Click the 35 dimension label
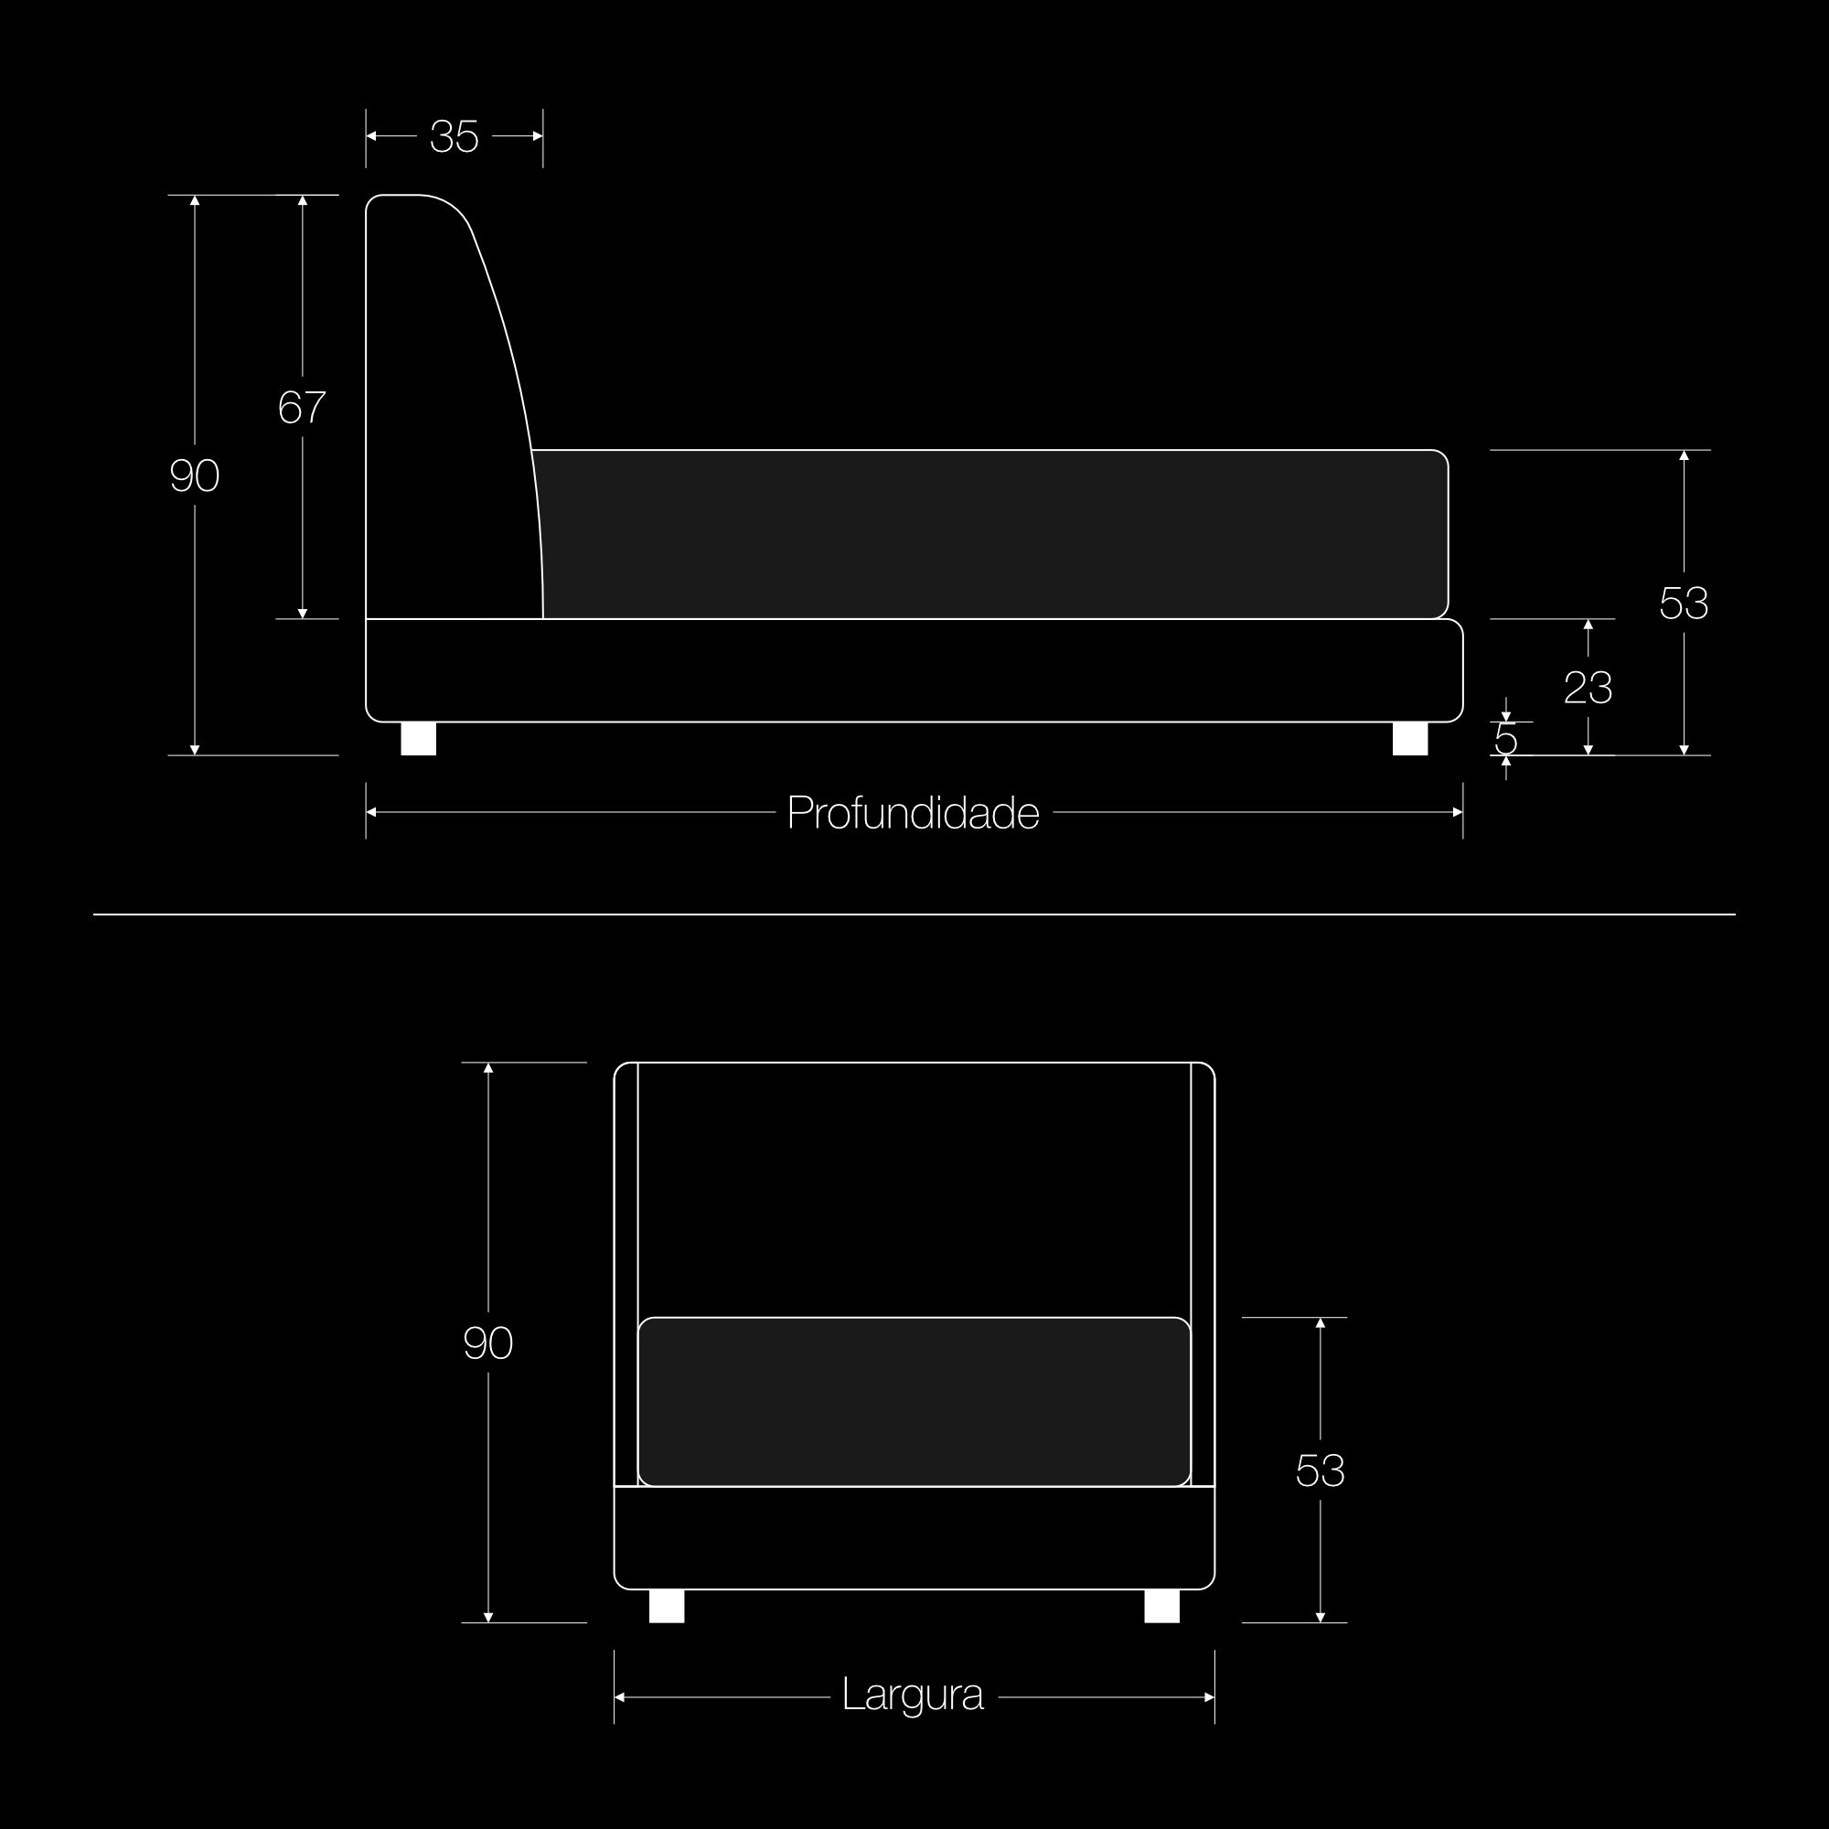(455, 136)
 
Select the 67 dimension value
(302, 407)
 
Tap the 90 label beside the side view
(194, 476)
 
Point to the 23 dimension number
(1588, 688)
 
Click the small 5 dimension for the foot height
(1505, 739)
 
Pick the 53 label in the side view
(1684, 603)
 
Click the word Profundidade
(914, 813)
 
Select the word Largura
(913, 1695)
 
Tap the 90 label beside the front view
(487, 1343)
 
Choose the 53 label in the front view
(1320, 1471)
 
